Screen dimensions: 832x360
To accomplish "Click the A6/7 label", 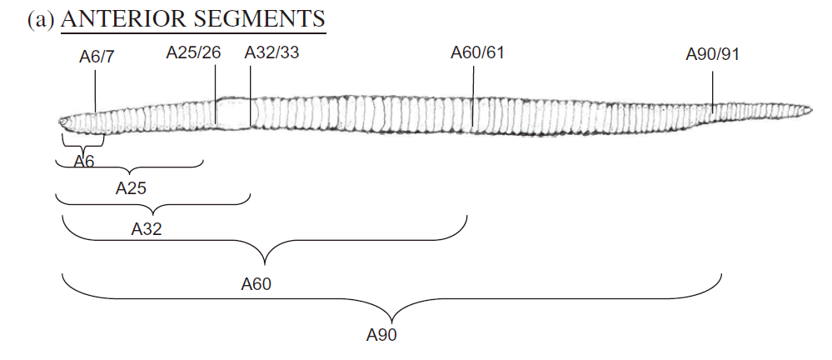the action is [97, 57].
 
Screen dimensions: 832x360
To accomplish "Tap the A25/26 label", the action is [194, 52].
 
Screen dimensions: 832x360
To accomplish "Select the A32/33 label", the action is [272, 52].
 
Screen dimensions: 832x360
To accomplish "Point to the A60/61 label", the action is [477, 52].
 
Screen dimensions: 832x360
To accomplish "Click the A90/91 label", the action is [713, 54].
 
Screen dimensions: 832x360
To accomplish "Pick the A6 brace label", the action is [84, 162].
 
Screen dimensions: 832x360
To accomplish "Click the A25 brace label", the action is [131, 188].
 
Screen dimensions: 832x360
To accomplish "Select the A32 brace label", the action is [147, 229].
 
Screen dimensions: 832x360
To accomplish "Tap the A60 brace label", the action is [257, 284].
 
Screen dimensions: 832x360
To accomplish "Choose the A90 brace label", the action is [381, 335].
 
